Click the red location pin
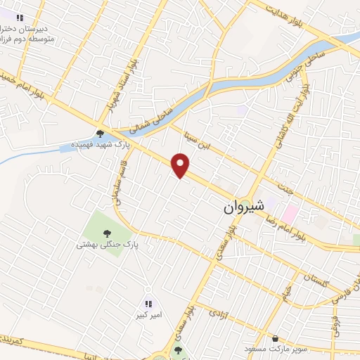(x=181, y=165)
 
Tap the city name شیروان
(x=244, y=208)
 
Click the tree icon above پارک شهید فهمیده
(x=101, y=133)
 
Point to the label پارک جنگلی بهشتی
(x=108, y=245)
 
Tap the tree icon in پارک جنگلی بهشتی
(x=106, y=233)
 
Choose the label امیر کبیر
(x=148, y=316)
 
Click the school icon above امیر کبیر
(x=148, y=304)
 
